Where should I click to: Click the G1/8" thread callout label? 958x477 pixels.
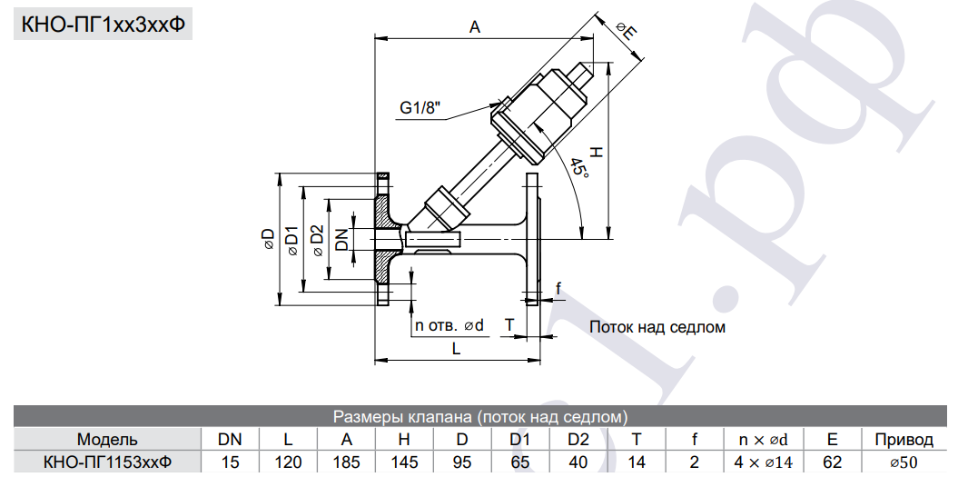(x=420, y=109)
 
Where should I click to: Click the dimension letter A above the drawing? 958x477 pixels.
(x=474, y=27)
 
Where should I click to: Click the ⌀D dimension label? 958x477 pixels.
(x=267, y=238)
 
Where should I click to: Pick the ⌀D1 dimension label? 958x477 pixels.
(x=291, y=239)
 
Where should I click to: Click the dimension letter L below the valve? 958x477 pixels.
(x=456, y=348)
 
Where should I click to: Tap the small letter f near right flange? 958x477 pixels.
(x=558, y=289)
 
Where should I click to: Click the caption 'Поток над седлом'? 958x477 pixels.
(x=657, y=326)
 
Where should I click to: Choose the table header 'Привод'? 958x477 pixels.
(x=904, y=441)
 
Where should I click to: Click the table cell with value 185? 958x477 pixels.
(x=346, y=462)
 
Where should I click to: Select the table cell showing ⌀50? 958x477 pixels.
(x=904, y=462)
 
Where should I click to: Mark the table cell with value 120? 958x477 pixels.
(x=288, y=462)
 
